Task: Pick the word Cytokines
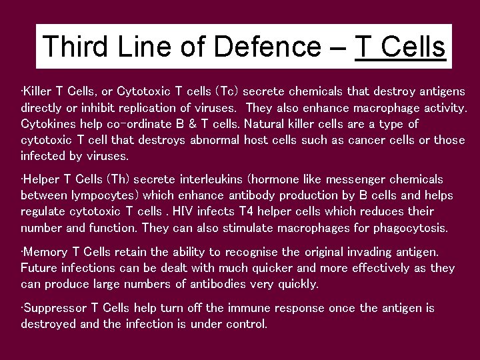[47, 123]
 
